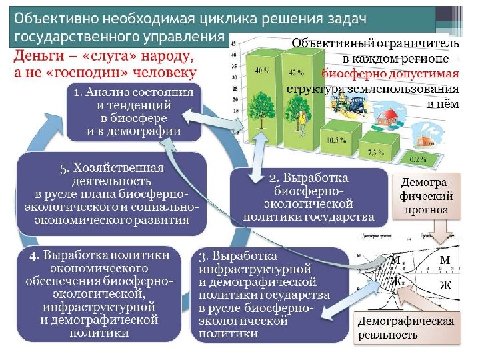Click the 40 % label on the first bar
259,70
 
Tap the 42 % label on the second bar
292,70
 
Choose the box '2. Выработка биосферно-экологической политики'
309,197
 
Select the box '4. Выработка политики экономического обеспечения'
99,294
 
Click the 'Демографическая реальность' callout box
405,328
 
